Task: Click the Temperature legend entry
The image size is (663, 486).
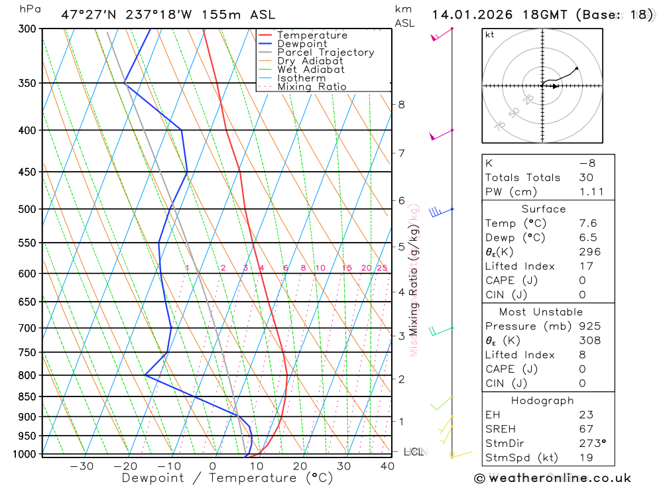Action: pyautogui.click(x=312, y=35)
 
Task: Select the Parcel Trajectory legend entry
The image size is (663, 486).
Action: pyautogui.click(x=325, y=52)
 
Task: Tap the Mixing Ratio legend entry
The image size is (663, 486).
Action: pyautogui.click(x=312, y=87)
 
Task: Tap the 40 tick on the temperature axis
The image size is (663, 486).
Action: pyautogui.click(x=387, y=466)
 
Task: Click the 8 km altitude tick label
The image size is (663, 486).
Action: pyautogui.click(x=401, y=105)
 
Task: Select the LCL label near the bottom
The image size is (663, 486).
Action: pyautogui.click(x=414, y=452)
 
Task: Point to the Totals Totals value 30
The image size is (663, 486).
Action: pyautogui.click(x=585, y=178)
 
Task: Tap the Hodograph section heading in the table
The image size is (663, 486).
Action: pyautogui.click(x=542, y=401)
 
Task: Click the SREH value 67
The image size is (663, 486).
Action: pyautogui.click(x=585, y=429)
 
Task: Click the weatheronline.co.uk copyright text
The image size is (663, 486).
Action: pyautogui.click(x=552, y=478)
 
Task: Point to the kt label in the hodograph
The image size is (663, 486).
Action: pyautogui.click(x=490, y=34)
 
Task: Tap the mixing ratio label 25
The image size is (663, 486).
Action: pyautogui.click(x=382, y=268)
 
